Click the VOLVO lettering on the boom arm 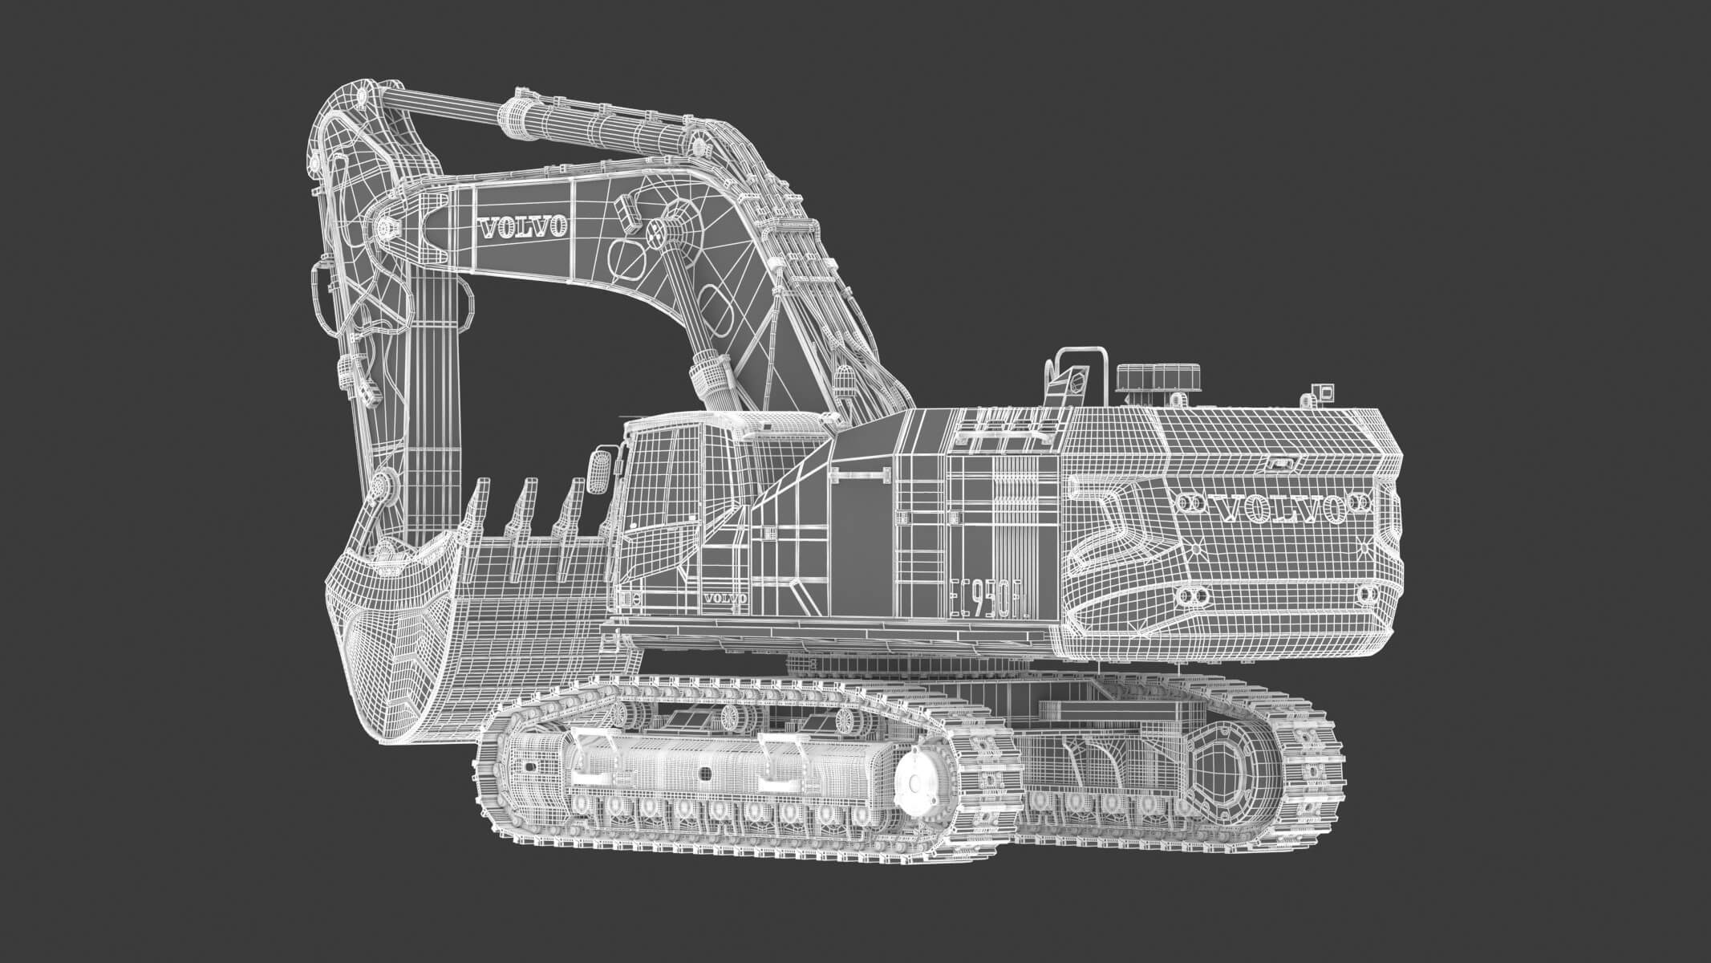coord(523,227)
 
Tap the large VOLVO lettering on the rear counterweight coord(1273,506)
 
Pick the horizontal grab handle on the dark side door coord(862,476)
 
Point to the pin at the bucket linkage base coord(383,486)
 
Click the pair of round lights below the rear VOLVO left coord(1191,595)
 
